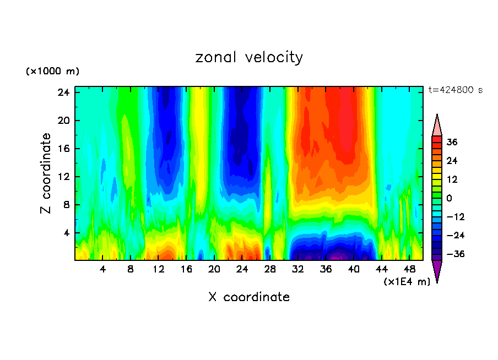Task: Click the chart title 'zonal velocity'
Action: pos(249,57)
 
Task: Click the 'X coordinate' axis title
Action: pos(249,297)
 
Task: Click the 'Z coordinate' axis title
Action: pos(46,173)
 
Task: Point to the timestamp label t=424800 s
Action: pos(455,90)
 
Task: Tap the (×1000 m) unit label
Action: pos(52,72)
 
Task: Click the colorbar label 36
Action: pos(452,142)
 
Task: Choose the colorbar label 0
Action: pos(449,198)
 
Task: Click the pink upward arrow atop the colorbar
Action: pos(437,126)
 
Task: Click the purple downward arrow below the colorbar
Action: pos(437,270)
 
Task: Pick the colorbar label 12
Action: pos(452,179)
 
